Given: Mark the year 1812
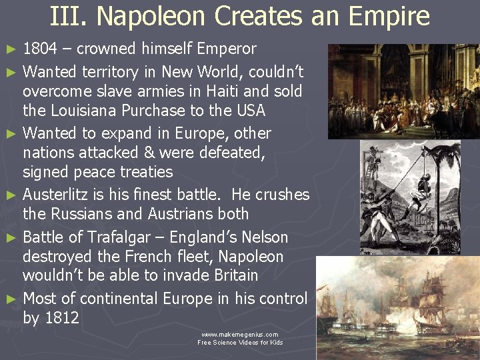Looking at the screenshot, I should pos(61,318).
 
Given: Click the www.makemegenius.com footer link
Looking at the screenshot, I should pos(240,334).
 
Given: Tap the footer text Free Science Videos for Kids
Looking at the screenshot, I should pos(240,343).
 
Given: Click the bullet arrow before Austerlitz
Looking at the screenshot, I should pos(11,195).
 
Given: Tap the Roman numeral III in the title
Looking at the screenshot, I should pos(66,16).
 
